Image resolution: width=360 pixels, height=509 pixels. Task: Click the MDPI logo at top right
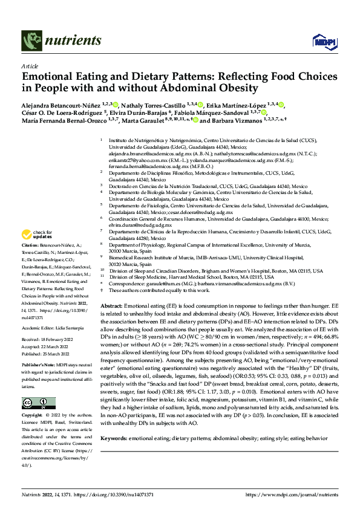[322, 40]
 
